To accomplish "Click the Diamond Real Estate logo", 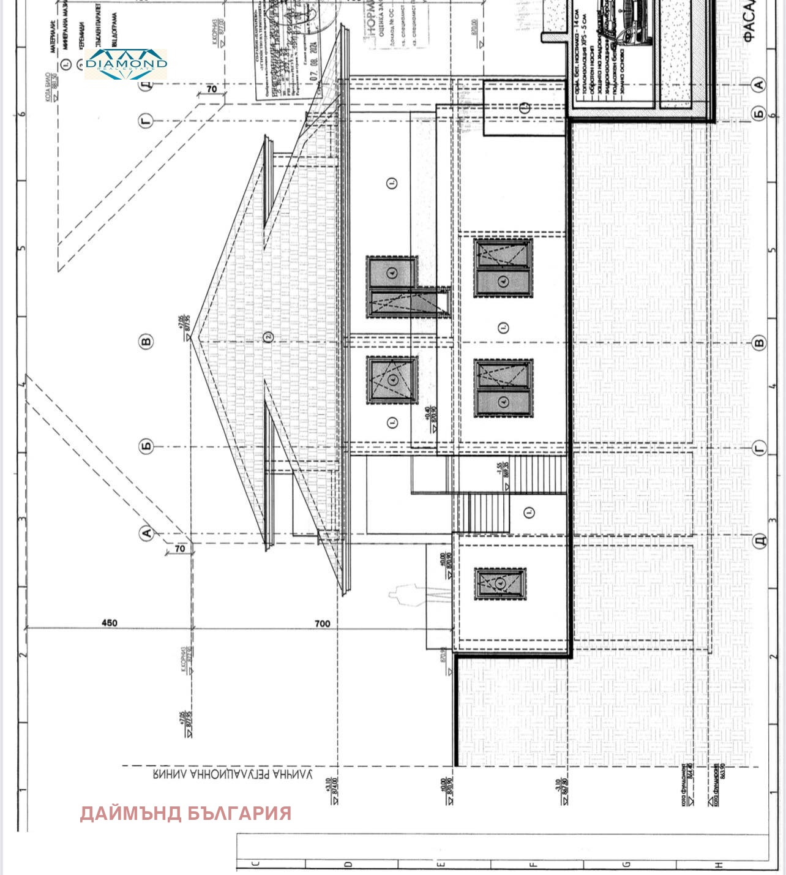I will [x=125, y=64].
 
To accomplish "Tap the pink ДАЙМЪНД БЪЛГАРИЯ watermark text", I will [x=185, y=813].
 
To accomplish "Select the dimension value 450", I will [x=109, y=623].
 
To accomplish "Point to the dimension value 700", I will [x=322, y=623].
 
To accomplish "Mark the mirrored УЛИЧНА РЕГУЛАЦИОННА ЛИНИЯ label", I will [x=233, y=775].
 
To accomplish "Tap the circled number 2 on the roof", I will [x=267, y=336].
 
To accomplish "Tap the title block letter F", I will [x=532, y=865].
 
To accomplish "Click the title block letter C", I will [x=256, y=865].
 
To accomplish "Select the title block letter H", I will [x=719, y=865].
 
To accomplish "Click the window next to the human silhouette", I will [x=500, y=584].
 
